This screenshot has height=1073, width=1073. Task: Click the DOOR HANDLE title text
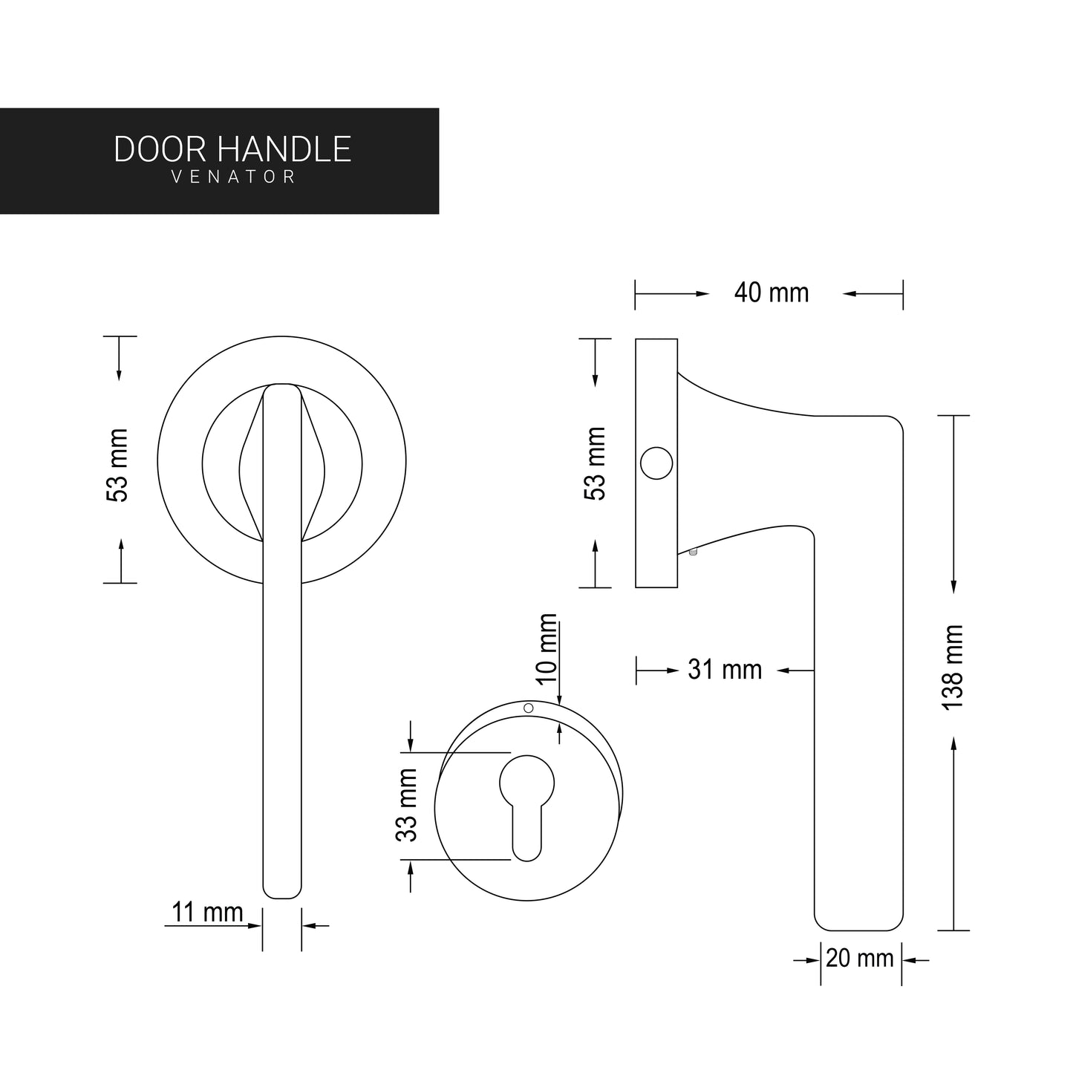pyautogui.click(x=232, y=149)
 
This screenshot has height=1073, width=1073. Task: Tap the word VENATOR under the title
pyautogui.click(x=233, y=177)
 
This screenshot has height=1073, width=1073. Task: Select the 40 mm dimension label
pyautogui.click(x=771, y=293)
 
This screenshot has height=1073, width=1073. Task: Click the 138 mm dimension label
pyautogui.click(x=952, y=666)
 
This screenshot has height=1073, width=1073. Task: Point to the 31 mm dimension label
pyautogui.click(x=725, y=670)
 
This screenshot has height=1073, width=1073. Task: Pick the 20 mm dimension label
pyautogui.click(x=859, y=959)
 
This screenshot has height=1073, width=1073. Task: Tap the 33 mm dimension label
pyautogui.click(x=407, y=805)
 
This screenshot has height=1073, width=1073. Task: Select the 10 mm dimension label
pyautogui.click(x=547, y=648)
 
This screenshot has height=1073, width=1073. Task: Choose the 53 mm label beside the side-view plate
pyautogui.click(x=596, y=463)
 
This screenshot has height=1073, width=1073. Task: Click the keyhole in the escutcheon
pyautogui.click(x=527, y=802)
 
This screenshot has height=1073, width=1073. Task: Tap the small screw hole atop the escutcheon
pyautogui.click(x=529, y=708)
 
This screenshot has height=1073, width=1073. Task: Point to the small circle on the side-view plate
pyautogui.click(x=656, y=463)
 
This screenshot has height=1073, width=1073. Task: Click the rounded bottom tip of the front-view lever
pyautogui.click(x=282, y=891)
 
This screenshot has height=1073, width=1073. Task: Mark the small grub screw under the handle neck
pyautogui.click(x=693, y=552)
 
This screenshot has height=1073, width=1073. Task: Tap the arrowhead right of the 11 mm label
pyautogui.click(x=309, y=925)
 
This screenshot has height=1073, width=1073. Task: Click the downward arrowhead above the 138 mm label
pyautogui.click(x=953, y=587)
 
